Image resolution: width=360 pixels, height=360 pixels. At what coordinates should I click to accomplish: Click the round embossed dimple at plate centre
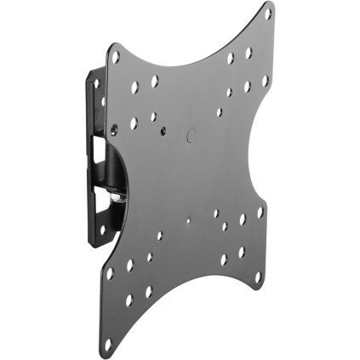point(190,134)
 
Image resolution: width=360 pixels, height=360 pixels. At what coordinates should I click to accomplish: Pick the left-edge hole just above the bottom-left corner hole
point(111,275)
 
